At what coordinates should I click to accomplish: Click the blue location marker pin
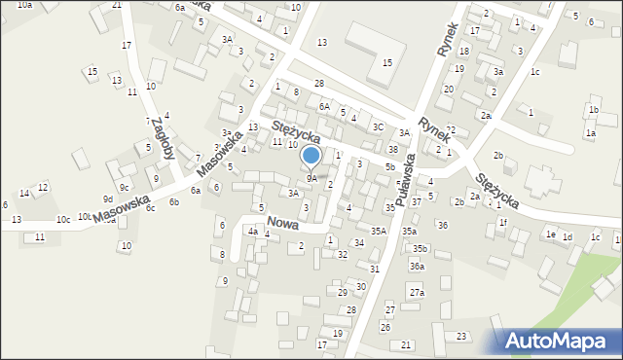click(311, 156)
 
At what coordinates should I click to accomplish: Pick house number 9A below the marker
click(311, 178)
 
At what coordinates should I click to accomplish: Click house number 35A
click(378, 231)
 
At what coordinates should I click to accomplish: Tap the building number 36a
click(417, 266)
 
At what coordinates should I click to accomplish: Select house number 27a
click(417, 293)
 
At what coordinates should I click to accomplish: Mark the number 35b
click(420, 249)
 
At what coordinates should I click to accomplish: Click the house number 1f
click(503, 223)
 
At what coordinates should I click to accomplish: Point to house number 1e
click(550, 234)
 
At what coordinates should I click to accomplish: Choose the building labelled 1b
click(594, 110)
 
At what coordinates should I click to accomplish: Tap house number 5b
click(389, 167)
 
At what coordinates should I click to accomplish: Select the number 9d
click(108, 199)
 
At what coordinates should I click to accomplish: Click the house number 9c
click(124, 187)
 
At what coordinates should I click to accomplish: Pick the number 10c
click(62, 220)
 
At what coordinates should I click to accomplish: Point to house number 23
click(461, 336)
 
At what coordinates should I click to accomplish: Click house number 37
click(417, 201)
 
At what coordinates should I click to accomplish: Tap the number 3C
click(377, 126)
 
